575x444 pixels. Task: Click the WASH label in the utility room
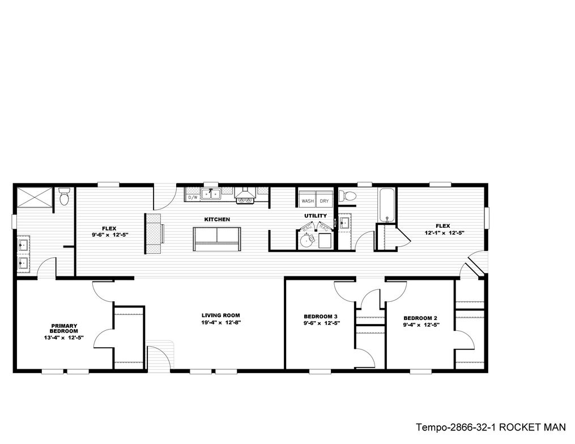pyautogui.click(x=308, y=201)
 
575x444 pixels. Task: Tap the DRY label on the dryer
pyautogui.click(x=323, y=201)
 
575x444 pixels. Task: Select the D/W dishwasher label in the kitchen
pyautogui.click(x=193, y=198)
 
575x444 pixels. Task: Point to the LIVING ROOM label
pyautogui.click(x=221, y=315)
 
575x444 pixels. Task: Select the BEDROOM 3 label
pyautogui.click(x=321, y=316)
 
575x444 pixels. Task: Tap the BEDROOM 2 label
pyautogui.click(x=420, y=318)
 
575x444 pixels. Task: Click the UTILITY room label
pyautogui.click(x=316, y=216)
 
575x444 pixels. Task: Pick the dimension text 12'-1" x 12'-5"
pyautogui.click(x=445, y=233)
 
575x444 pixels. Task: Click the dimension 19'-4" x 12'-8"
pyautogui.click(x=221, y=323)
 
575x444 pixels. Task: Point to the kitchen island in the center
pyautogui.click(x=217, y=239)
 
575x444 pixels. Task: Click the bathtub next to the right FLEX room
pyautogui.click(x=387, y=205)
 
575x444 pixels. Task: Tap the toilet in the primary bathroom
pyautogui.click(x=64, y=198)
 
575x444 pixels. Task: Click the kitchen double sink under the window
pyautogui.click(x=212, y=194)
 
